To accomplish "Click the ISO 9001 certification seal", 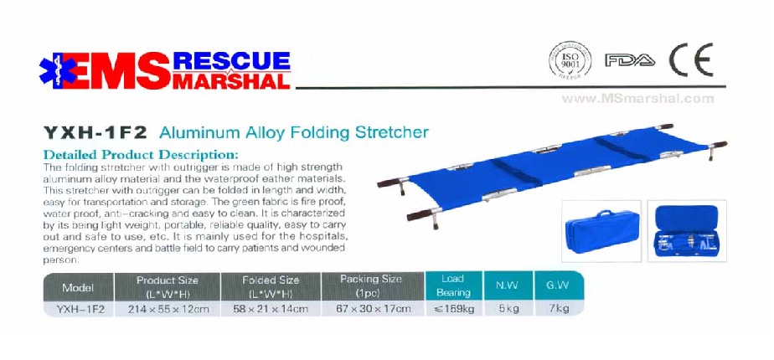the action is tap(570, 60).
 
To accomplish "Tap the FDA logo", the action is tap(631, 60).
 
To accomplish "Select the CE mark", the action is tap(691, 59).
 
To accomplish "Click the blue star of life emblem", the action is tap(58, 70).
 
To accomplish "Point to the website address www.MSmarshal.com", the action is tap(637, 99).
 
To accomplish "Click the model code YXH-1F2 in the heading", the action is tap(95, 132).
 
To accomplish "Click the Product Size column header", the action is tap(168, 287).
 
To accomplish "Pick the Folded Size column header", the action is tap(271, 287).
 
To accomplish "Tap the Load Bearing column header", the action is tap(453, 286).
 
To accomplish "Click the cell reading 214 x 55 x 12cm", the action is tap(168, 310).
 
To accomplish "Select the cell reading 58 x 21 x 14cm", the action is tap(271, 310).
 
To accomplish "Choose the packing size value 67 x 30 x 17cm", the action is tap(373, 310).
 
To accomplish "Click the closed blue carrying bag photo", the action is tap(601, 231).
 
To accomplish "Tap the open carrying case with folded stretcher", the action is tap(687, 231).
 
